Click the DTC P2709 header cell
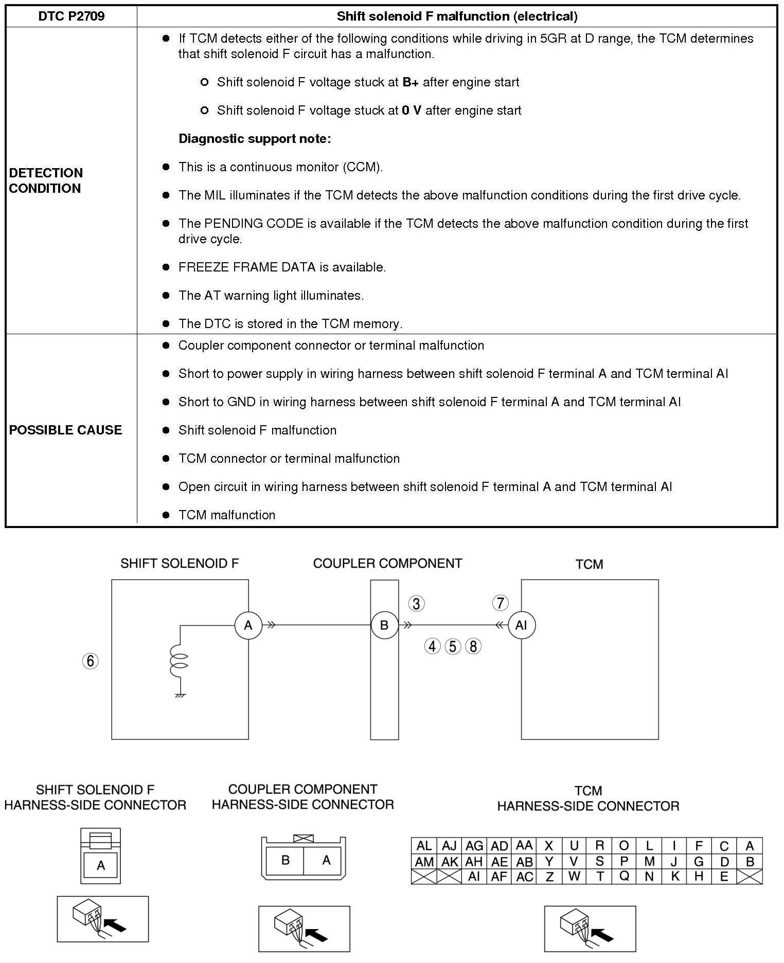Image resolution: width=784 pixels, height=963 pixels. pos(71,16)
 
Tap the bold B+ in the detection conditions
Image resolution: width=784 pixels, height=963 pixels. pos(411,82)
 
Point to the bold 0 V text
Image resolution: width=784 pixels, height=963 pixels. pos(411,111)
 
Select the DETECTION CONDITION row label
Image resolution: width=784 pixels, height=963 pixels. pos(46,180)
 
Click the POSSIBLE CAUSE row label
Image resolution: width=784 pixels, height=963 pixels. pos(65,430)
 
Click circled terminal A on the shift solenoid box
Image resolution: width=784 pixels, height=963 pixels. pos(248,625)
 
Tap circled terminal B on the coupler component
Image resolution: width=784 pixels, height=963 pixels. pos(384,625)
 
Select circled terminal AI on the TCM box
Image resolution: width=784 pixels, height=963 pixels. pos(521,625)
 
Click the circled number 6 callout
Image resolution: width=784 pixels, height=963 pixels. pos(91,661)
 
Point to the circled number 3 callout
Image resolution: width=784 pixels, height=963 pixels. pos(416,603)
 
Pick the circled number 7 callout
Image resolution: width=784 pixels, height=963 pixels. pos(500,603)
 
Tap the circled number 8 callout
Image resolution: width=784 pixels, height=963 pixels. pos(473,646)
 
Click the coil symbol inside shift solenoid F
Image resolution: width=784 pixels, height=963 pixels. pos(181,662)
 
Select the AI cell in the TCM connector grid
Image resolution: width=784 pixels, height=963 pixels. pos(474,877)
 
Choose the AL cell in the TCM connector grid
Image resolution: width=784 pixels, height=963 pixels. pos(424,846)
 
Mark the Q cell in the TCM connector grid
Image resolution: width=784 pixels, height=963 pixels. pos(624,877)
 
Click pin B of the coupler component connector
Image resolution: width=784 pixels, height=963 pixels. pos(286,860)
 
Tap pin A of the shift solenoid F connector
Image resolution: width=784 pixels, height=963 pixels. pos(101,866)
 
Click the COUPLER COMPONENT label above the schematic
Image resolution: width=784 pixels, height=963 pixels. pos(387,564)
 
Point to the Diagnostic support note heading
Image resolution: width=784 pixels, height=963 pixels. pos(255,139)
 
